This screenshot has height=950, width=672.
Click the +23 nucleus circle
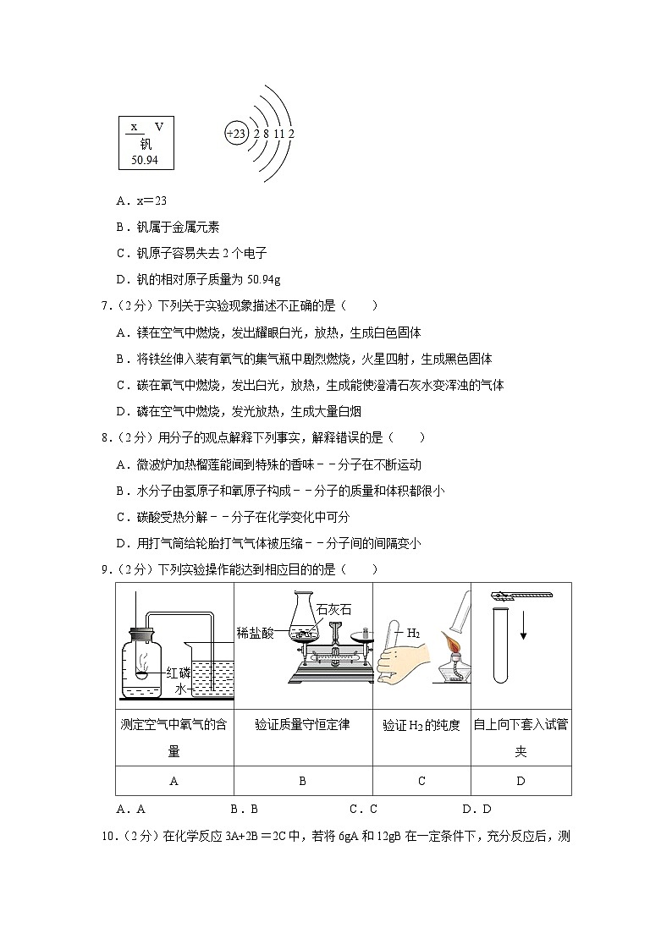236,134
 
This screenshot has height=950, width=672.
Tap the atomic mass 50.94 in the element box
145,160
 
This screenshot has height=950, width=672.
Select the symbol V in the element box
159,127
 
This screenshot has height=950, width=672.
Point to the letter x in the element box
134,127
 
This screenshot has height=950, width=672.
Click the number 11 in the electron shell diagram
278,134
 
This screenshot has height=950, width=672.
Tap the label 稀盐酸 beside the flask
255,634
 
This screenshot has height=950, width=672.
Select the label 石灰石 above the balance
333,609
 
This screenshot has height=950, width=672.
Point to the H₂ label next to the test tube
413,633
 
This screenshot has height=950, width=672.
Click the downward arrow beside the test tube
524,625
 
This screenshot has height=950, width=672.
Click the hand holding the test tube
403,662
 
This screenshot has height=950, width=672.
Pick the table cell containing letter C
421,781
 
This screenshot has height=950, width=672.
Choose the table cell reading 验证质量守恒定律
303,738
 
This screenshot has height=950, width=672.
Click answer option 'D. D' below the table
476,809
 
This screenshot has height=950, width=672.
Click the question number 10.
107,837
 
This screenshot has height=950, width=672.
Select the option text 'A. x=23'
141,201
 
